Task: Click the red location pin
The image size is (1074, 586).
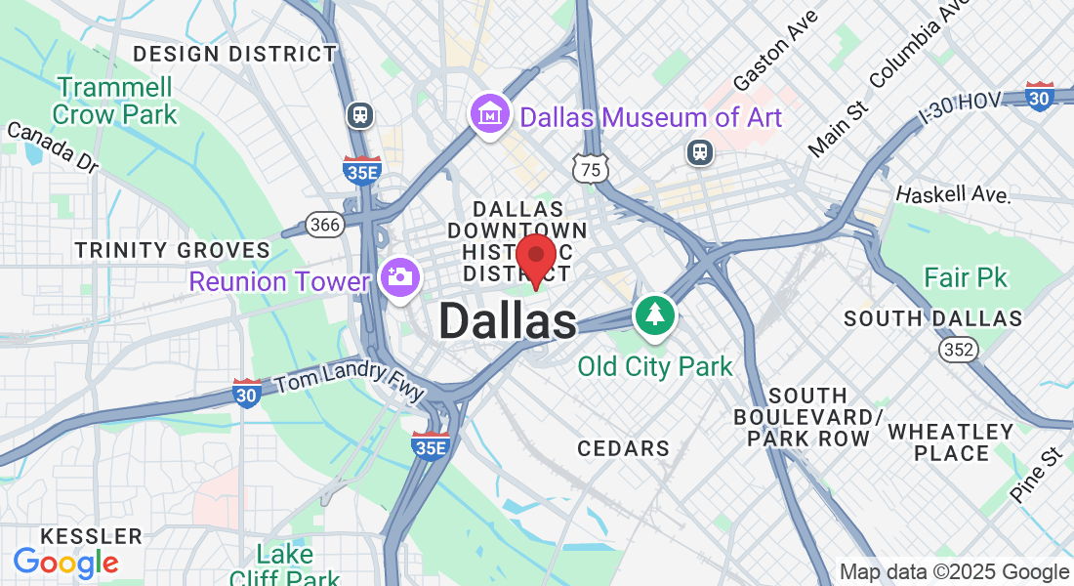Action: (x=535, y=256)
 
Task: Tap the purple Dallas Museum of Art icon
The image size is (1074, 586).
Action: (x=489, y=116)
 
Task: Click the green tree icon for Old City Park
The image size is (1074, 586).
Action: (x=654, y=314)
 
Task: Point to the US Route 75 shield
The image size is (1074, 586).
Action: (x=592, y=168)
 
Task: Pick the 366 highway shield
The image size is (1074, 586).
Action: (x=324, y=225)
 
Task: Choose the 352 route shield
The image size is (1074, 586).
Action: (x=958, y=349)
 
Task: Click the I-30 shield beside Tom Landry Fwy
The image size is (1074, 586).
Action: (x=247, y=393)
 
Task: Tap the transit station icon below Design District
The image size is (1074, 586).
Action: (x=360, y=115)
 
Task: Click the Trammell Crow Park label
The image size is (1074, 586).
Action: (x=115, y=101)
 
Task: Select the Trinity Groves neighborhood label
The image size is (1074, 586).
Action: (x=172, y=250)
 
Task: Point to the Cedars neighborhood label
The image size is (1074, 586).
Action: (x=623, y=448)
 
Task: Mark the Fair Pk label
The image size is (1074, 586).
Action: (x=965, y=278)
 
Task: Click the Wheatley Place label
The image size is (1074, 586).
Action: (x=951, y=442)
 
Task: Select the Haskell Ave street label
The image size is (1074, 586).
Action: (x=952, y=194)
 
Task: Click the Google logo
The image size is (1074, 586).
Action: (x=65, y=563)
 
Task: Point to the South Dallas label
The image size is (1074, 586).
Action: (x=932, y=318)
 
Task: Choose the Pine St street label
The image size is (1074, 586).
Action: (x=1036, y=476)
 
